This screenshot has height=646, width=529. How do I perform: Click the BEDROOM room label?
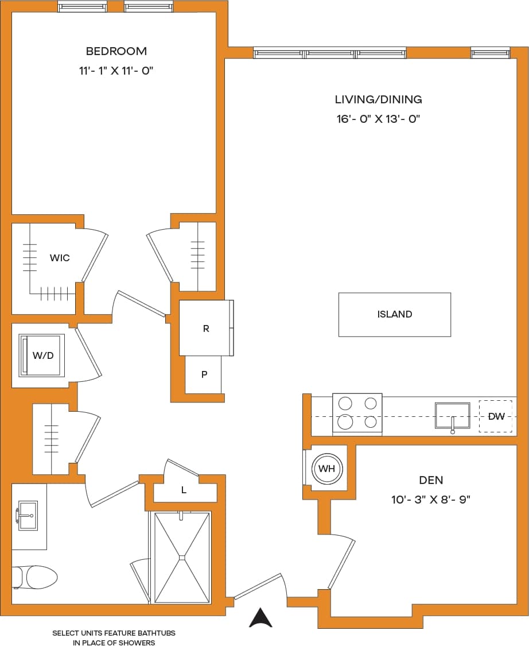[x=116, y=51]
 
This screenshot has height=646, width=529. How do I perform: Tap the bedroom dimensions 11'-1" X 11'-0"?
[x=116, y=71]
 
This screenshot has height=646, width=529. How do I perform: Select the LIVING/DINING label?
[x=378, y=99]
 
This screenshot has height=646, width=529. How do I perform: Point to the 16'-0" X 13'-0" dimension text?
[x=378, y=119]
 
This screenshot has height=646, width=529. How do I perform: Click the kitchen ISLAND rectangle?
[x=394, y=314]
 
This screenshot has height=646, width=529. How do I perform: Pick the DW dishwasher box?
[x=496, y=416]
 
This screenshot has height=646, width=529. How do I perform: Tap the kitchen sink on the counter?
[x=453, y=416]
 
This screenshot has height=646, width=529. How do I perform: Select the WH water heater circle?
[x=326, y=469]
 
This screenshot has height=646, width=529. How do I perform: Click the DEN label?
[x=431, y=480]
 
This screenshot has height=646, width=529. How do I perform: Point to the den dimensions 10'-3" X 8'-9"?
[x=431, y=500]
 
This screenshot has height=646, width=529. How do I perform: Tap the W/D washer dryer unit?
[x=42, y=355]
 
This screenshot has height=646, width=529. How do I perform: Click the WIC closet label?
[x=60, y=258]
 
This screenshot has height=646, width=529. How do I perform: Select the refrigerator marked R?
[x=206, y=328]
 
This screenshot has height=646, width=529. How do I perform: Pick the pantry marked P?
[x=204, y=374]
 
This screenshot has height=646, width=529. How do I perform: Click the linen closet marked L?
[x=184, y=490]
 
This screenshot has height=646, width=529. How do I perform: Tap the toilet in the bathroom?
[x=36, y=577]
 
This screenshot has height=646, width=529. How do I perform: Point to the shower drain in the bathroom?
[x=181, y=556]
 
